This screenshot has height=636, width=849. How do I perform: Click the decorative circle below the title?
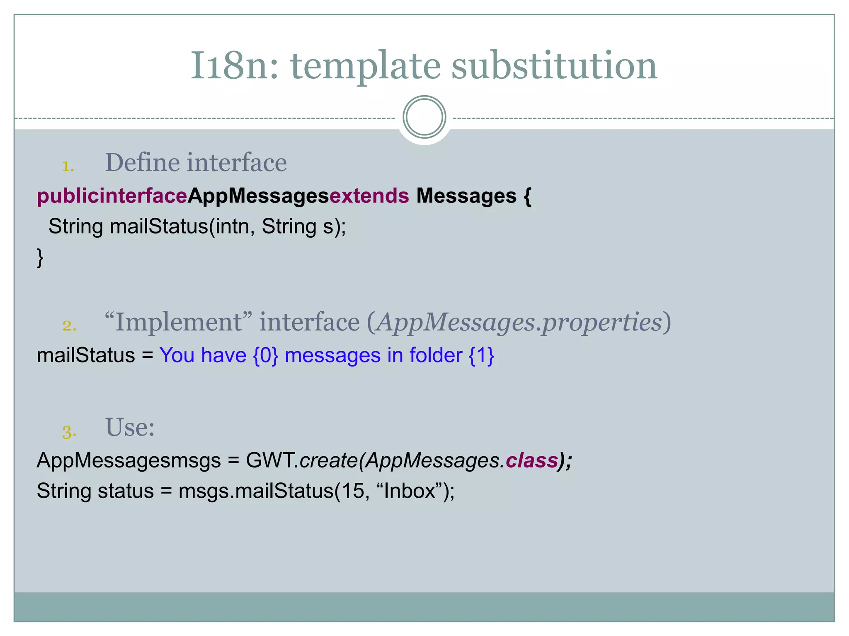424,117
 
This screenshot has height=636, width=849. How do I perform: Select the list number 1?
68,166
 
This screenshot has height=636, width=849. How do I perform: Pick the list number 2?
69,325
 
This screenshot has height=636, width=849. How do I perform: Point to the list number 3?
69,432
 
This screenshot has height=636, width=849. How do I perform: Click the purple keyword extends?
369,196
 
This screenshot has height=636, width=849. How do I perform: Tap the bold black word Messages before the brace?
466,196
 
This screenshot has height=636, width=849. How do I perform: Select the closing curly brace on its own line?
40,258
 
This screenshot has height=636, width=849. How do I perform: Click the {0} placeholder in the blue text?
265,356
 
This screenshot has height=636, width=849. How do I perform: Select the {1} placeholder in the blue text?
481,356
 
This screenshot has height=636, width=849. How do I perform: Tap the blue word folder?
436,356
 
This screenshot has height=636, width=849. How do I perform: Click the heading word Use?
130,427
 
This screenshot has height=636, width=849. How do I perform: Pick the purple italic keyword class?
531,460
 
